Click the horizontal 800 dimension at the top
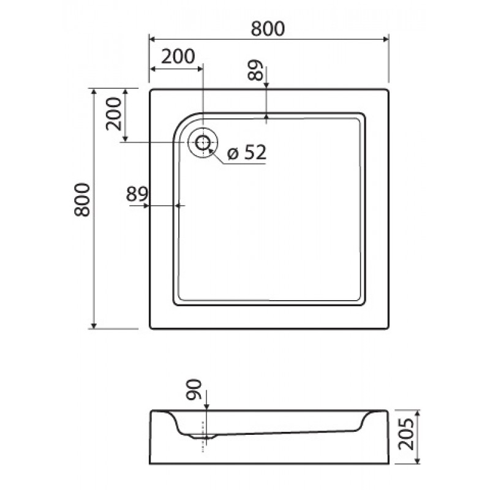(268, 29)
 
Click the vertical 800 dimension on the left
(82, 200)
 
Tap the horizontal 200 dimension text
(178, 56)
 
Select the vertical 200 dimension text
(113, 114)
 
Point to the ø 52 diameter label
(247, 152)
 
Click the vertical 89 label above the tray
(256, 70)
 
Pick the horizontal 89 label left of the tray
(137, 194)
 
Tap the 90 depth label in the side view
(194, 390)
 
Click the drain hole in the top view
(203, 143)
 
